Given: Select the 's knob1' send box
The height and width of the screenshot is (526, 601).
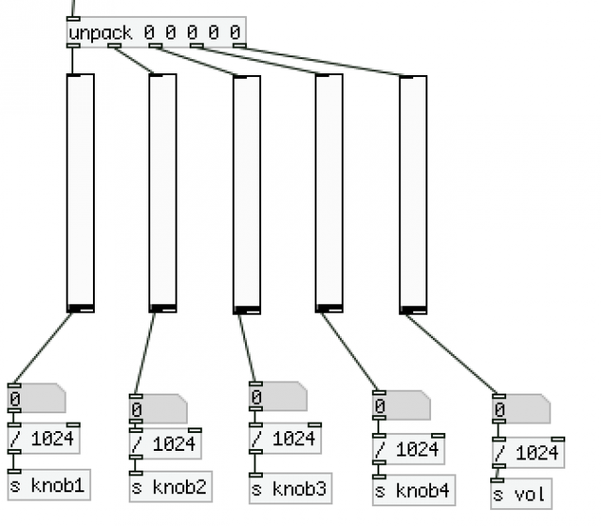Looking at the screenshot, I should (x=49, y=486).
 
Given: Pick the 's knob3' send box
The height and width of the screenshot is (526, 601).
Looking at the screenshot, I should (x=289, y=488).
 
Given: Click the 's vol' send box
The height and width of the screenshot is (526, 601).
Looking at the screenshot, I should (x=520, y=493).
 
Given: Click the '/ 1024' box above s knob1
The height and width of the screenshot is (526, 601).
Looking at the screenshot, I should (x=43, y=440).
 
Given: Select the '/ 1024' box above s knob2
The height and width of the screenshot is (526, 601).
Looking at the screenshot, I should (x=163, y=443).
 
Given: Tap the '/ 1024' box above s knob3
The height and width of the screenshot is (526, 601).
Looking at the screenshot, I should (x=283, y=439).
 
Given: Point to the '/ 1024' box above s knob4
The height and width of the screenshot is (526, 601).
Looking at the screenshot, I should (x=408, y=450).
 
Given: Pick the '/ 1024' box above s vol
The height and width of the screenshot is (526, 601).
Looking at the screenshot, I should (x=526, y=453).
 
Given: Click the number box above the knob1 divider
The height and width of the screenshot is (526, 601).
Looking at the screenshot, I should (x=36, y=398).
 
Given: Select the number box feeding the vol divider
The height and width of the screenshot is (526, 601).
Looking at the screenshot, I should (x=520, y=410).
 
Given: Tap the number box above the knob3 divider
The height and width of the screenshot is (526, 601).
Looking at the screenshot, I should (x=277, y=396).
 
